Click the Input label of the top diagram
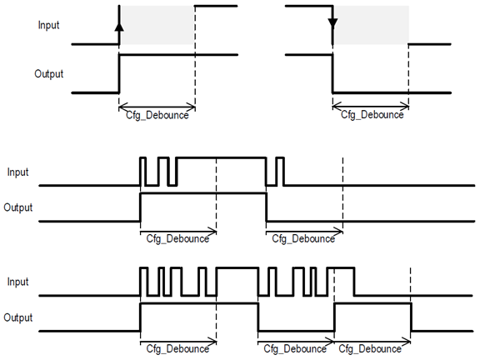tap(49, 25)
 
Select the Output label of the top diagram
tap(49, 73)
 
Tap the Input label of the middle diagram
tap(17, 172)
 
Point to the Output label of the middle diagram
tap(17, 207)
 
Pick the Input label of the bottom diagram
tap(17, 282)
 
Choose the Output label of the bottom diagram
tap(17, 317)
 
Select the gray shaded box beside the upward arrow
tap(158, 25)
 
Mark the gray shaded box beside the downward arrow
tap(371, 25)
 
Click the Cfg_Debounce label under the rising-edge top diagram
tap(157, 115)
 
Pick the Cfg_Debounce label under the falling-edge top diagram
tap(371, 115)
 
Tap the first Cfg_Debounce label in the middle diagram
tap(177, 239)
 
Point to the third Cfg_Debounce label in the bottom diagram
tap(372, 349)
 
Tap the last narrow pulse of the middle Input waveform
tap(280, 171)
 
